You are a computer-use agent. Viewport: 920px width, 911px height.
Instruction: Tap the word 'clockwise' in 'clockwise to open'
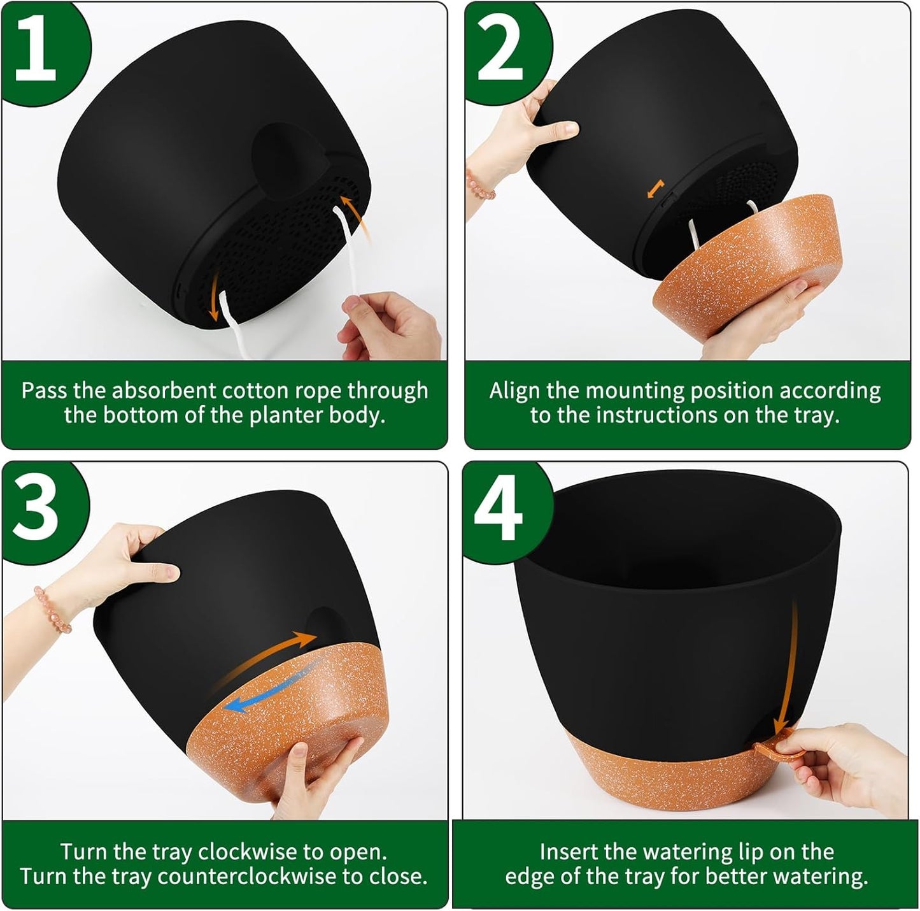(x=244, y=852)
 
